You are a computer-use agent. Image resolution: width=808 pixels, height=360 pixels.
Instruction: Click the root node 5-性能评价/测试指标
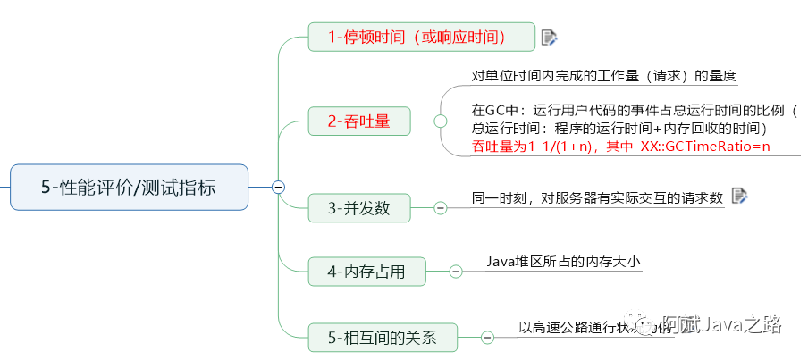[x=129, y=187]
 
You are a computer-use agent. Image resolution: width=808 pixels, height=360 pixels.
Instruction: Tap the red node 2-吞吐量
[x=358, y=121]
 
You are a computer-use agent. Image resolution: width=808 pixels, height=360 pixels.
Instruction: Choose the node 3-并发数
[x=358, y=208]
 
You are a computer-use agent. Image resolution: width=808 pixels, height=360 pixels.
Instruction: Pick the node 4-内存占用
[x=366, y=271]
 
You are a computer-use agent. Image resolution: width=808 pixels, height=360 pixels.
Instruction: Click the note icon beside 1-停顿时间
[x=550, y=37]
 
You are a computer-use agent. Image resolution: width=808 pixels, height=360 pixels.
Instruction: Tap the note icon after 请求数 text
[x=739, y=196]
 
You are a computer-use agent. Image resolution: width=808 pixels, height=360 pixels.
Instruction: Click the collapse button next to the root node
[x=278, y=187]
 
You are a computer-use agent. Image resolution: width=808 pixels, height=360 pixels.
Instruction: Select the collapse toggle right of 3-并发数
[x=440, y=208]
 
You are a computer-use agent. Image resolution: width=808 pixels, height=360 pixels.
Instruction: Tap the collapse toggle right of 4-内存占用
[x=456, y=271]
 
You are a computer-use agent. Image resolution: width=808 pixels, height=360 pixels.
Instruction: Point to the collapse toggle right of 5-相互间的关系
[x=487, y=337]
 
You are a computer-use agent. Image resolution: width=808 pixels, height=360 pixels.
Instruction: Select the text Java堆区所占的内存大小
[x=564, y=262]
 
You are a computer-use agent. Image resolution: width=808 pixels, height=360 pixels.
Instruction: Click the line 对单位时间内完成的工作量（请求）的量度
[x=604, y=76]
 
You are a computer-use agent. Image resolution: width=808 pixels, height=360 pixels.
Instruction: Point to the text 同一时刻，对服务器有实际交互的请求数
[x=597, y=197]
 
